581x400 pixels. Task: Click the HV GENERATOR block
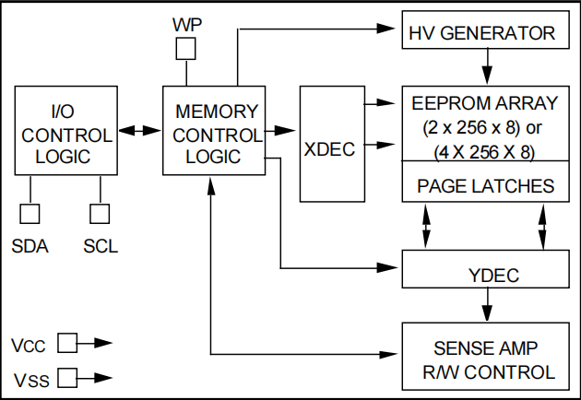pos(482,34)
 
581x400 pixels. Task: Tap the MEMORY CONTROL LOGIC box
pos(213,132)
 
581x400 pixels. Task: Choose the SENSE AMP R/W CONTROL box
pos(482,360)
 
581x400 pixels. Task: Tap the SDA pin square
pos(30,214)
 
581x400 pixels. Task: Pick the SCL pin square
pos(99,214)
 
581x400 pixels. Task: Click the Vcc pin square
pos(66,344)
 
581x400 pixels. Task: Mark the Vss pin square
pos(66,377)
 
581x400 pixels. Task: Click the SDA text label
pos(30,246)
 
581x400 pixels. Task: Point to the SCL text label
pos(100,246)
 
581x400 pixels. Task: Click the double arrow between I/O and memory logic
pos(138,132)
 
